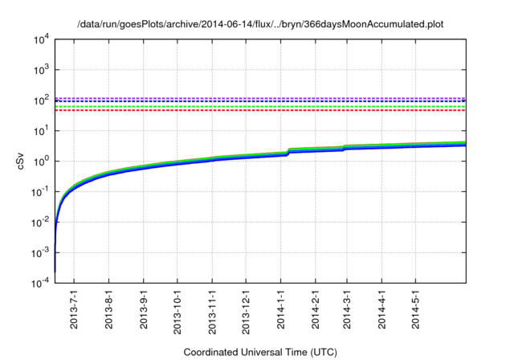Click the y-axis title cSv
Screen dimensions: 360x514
[x=22, y=161]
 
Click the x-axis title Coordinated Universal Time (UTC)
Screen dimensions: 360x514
[x=259, y=352]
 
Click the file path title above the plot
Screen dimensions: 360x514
[x=260, y=25]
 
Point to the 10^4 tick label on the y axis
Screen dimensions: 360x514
[x=41, y=39]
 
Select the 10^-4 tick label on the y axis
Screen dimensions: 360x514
[x=40, y=282]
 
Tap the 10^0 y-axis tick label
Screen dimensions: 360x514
[x=41, y=161]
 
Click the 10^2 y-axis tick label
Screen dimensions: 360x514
[x=41, y=100]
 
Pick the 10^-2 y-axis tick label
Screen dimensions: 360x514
[x=40, y=222]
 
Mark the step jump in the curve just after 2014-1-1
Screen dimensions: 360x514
[x=288, y=151]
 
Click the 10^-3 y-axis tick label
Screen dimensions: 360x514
[x=40, y=252]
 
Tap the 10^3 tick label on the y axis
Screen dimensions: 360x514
[x=41, y=70]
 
